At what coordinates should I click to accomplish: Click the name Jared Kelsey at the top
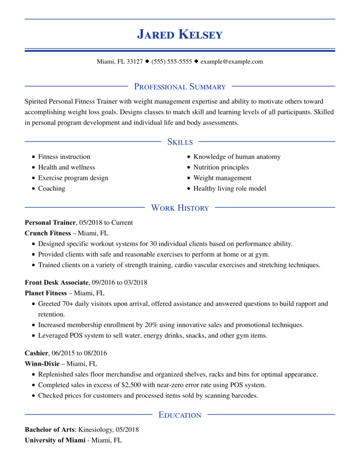(180, 34)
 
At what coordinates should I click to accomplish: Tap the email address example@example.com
(232, 61)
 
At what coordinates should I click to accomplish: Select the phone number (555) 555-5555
(172, 61)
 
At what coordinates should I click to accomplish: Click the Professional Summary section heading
(180, 86)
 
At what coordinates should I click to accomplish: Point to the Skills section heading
(180, 142)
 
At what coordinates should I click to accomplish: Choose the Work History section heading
(180, 208)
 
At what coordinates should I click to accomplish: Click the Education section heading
(180, 415)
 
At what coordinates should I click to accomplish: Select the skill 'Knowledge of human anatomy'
(237, 157)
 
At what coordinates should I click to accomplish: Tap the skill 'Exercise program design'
(73, 178)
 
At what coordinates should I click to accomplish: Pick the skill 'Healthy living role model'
(229, 188)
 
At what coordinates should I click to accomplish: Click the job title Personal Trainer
(50, 223)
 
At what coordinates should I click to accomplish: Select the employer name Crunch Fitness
(48, 233)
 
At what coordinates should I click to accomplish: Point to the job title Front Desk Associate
(56, 283)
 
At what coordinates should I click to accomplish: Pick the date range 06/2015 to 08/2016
(80, 353)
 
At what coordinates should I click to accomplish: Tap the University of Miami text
(55, 440)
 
